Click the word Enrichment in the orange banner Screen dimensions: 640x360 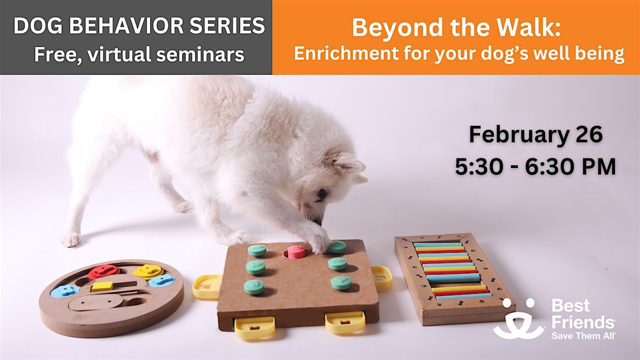click(346, 53)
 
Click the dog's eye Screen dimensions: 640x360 click(323, 194)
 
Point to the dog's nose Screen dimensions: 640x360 click(318, 222)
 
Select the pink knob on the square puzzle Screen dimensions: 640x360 click(297, 252)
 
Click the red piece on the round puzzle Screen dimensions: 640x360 click(104, 271)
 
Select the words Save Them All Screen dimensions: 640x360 click(583, 335)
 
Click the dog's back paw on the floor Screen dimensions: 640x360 click(70, 239)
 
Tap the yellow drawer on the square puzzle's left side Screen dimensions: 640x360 click(206, 287)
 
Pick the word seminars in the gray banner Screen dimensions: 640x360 click(201, 54)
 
